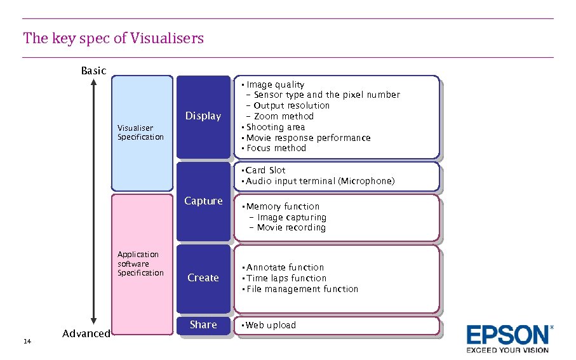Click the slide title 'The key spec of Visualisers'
point(114,38)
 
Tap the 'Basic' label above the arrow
point(93,70)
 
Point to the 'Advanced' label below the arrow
point(86,334)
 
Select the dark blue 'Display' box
point(203,116)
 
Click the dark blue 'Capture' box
point(203,201)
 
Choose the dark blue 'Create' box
point(203,277)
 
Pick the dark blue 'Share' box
point(203,325)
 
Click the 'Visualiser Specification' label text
point(140,133)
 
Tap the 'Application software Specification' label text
point(140,263)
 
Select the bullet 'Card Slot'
point(265,170)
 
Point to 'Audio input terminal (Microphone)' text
point(320,181)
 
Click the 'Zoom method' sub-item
point(283,116)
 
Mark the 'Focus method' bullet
point(276,148)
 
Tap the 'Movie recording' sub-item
point(291,227)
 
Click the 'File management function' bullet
point(302,289)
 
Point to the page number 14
point(27,342)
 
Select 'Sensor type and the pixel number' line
point(326,95)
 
